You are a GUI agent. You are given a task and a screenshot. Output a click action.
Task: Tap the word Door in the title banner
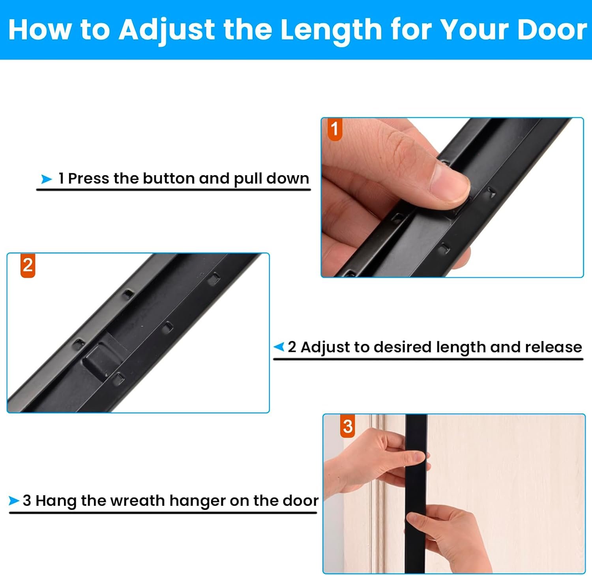552,30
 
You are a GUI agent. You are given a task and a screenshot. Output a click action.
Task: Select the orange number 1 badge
335,129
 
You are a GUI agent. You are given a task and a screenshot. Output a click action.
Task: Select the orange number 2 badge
28,266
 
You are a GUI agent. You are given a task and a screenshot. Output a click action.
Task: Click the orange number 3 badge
347,426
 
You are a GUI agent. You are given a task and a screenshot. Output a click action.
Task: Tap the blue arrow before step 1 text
47,179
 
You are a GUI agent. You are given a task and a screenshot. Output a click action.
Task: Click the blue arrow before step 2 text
279,347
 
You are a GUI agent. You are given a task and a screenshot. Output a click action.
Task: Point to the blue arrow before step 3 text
14,501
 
